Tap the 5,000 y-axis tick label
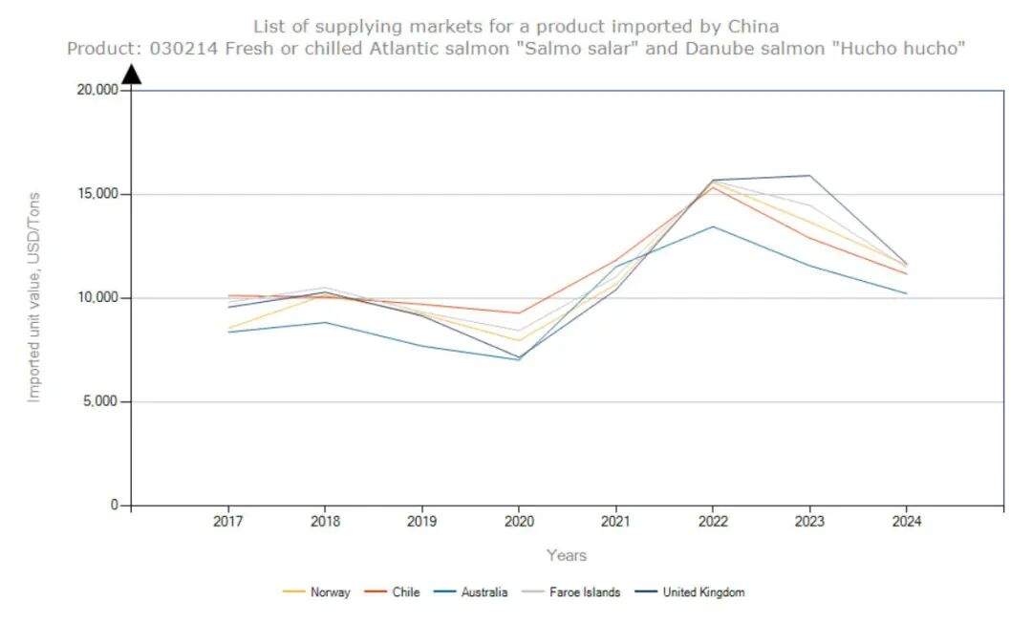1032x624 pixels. [x=98, y=401]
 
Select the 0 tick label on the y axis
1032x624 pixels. [x=113, y=506]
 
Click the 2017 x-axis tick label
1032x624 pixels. [x=227, y=522]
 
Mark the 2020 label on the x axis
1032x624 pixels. [x=519, y=522]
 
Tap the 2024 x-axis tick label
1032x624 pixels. [x=906, y=522]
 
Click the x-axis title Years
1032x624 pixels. [x=567, y=555]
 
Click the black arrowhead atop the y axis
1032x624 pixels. [x=132, y=74]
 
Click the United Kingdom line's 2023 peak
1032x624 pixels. [x=809, y=176]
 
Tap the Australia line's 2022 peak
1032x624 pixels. [x=713, y=226]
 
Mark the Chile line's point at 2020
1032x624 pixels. [x=519, y=312]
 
